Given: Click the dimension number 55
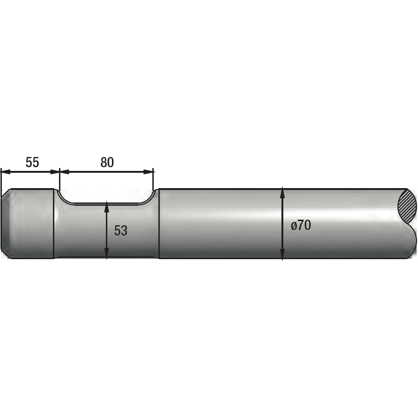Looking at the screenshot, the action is [x=32, y=162].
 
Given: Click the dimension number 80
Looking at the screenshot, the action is [x=107, y=162].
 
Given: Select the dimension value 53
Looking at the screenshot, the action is [x=121, y=230].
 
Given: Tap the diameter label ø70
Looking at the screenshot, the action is [x=301, y=225].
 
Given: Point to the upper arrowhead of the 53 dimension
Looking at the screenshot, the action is [x=107, y=207].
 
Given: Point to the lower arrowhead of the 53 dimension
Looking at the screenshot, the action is [x=107, y=253].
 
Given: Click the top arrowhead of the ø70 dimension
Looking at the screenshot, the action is [x=282, y=193].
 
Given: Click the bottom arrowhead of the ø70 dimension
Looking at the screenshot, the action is [x=282, y=254].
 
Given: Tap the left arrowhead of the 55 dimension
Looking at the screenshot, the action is [x=6, y=172].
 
